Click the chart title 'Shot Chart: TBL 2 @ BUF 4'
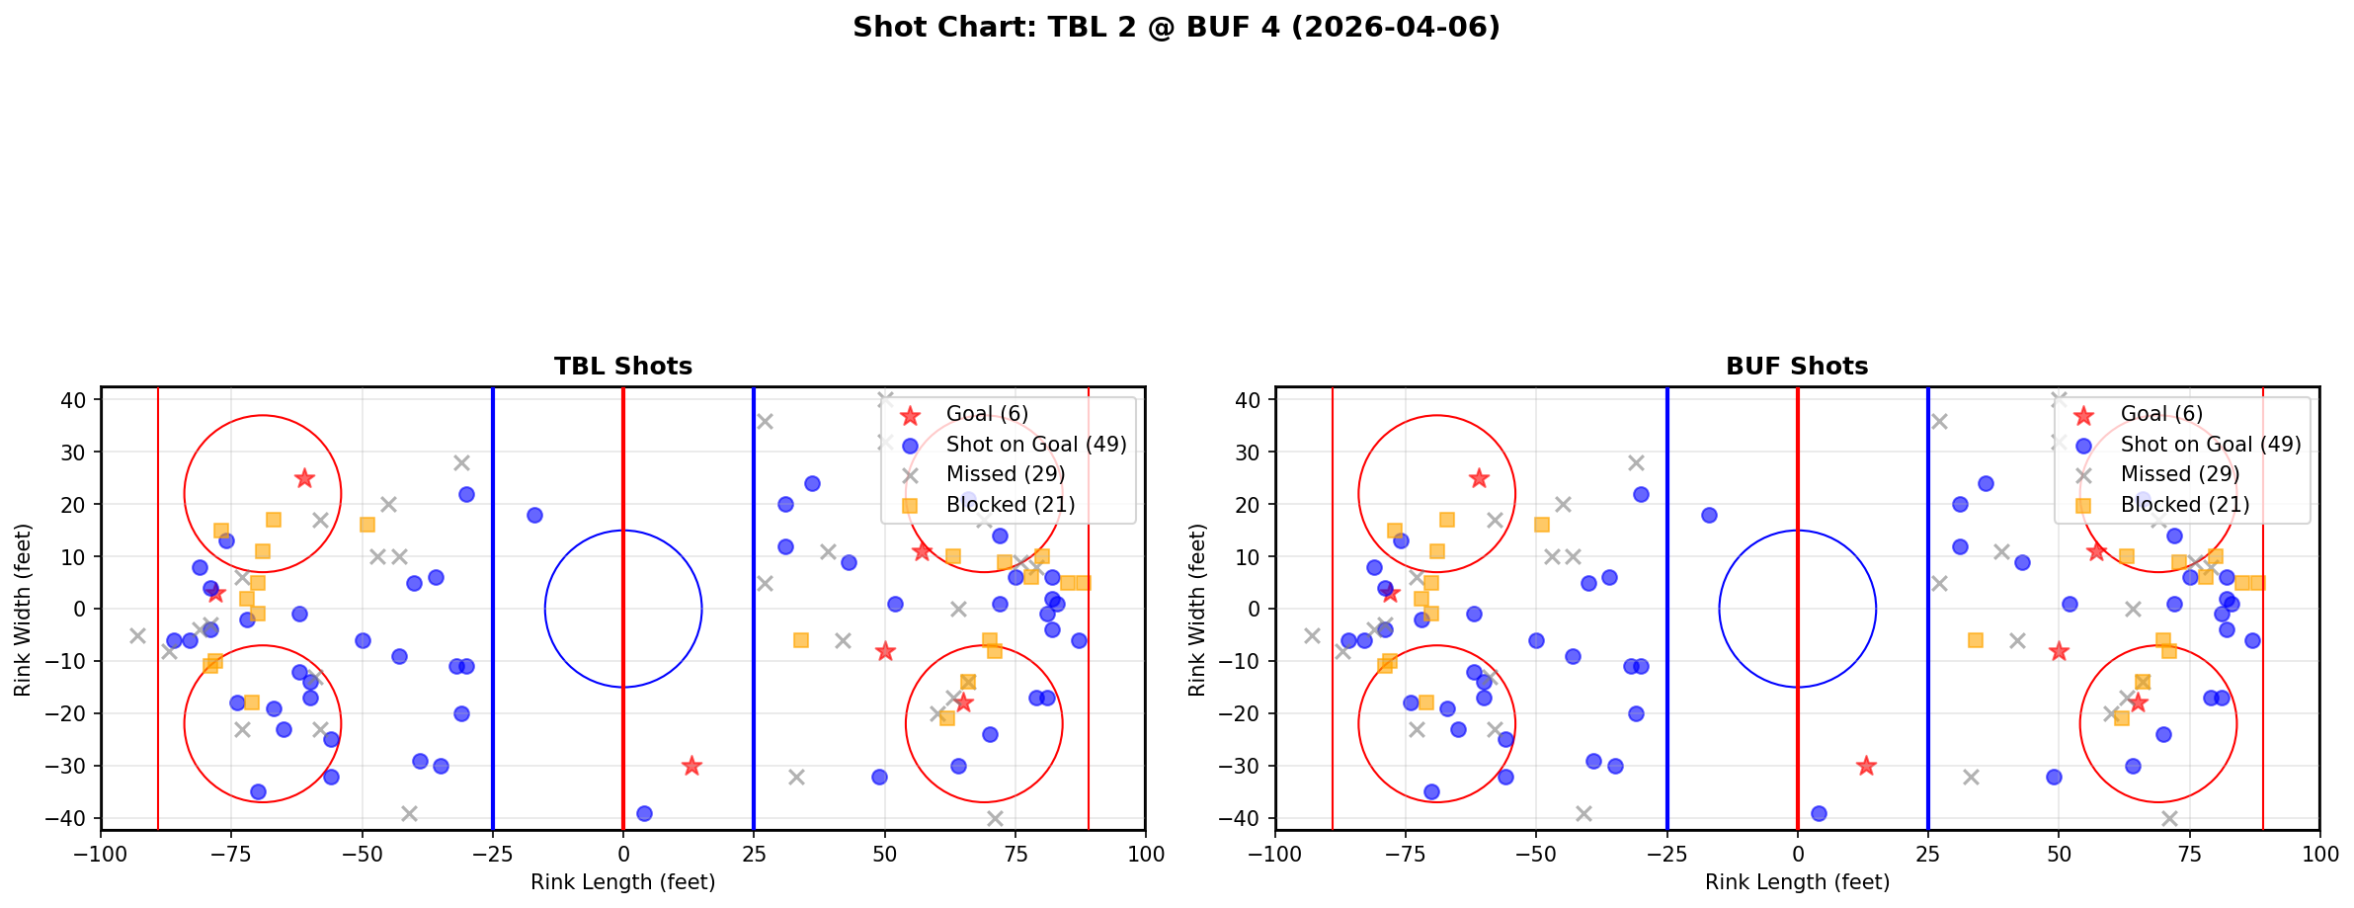click(1176, 27)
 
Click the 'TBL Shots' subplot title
click(622, 367)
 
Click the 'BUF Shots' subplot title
click(1797, 367)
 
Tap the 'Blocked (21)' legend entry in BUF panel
click(2185, 505)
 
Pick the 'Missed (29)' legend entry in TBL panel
click(1005, 474)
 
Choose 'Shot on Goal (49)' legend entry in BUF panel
click(2211, 445)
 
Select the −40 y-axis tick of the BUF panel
click(1247, 818)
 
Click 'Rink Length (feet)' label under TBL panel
click(622, 882)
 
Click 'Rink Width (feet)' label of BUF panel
click(1197, 609)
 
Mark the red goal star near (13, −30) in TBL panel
click(691, 766)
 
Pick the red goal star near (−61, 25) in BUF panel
click(1479, 478)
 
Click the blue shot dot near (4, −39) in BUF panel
click(1819, 813)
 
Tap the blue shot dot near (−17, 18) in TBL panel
click(534, 515)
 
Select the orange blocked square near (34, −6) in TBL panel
click(801, 640)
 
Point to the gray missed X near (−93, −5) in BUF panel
click(1312, 635)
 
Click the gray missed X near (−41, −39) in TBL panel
click(409, 813)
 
